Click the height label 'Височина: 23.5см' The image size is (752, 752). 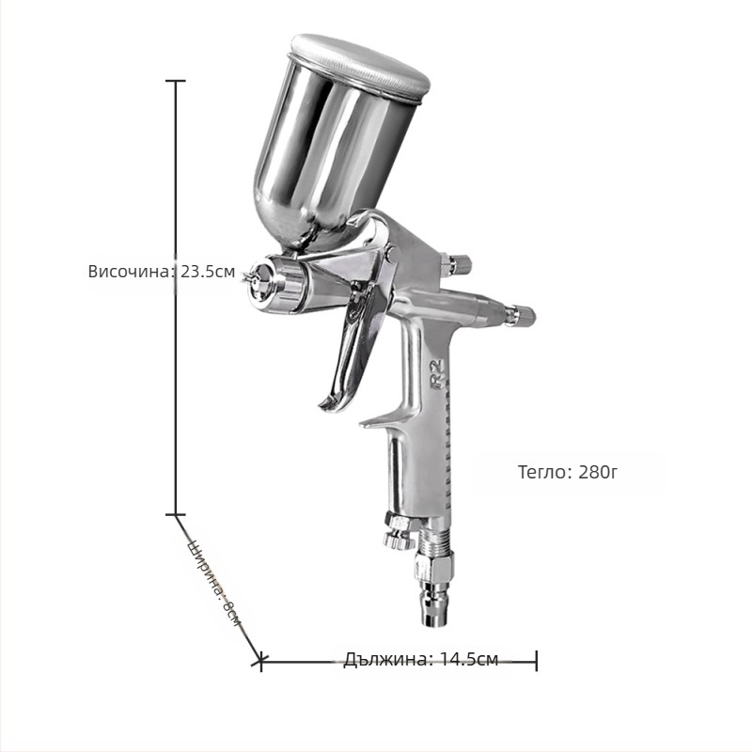pos(162,272)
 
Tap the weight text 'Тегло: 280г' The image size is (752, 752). pos(568,472)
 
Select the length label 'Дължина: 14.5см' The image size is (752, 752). pos(421,660)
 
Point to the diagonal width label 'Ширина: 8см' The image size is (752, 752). pos(216,583)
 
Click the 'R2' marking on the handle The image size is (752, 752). pos(437,372)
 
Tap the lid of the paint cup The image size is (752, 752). pos(361,67)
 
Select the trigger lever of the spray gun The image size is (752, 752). pos(349,346)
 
